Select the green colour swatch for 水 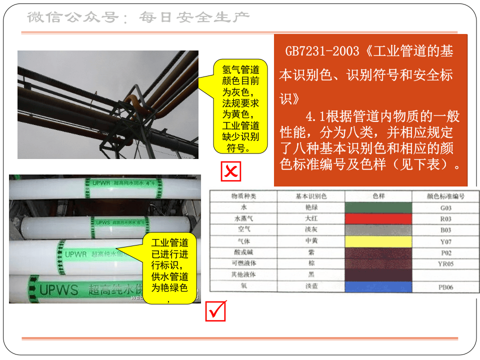pyautogui.click(x=378, y=207)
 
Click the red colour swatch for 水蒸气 pyautogui.click(x=378, y=219)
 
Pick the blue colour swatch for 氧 pyautogui.click(x=378, y=287)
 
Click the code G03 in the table pyautogui.click(x=445, y=207)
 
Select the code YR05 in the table pyautogui.click(x=445, y=264)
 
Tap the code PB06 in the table pyautogui.click(x=445, y=287)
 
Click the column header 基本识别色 pyautogui.click(x=311, y=196)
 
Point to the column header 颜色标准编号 pyautogui.click(x=445, y=196)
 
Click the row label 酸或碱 pyautogui.click(x=243, y=252)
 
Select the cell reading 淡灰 pyautogui.click(x=311, y=230)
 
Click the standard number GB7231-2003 pyautogui.click(x=322, y=51)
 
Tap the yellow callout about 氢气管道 pyautogui.click(x=239, y=107)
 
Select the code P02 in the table pyautogui.click(x=445, y=253)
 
